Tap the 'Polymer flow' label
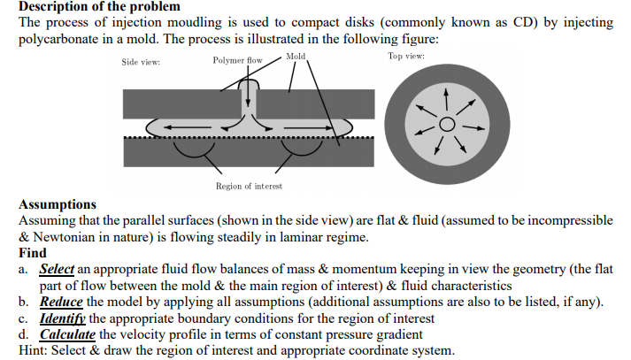click(x=238, y=60)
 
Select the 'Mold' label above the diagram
click(x=296, y=57)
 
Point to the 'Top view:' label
click(x=406, y=57)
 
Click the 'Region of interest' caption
click(x=249, y=186)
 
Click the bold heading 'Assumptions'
click(x=58, y=204)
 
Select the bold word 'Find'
click(x=33, y=253)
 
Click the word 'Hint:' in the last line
click(x=35, y=350)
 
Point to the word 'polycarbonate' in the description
click(x=59, y=41)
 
